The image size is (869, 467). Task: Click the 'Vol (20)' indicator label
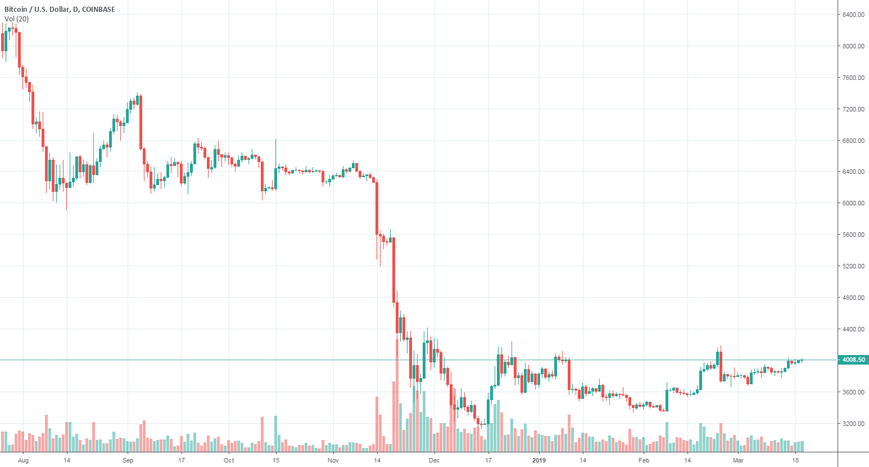16,19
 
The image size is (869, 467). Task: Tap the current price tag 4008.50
853,360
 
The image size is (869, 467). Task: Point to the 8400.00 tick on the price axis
853,15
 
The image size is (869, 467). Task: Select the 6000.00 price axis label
853,203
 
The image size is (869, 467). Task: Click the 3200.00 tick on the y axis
853,424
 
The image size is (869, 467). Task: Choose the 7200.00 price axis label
853,109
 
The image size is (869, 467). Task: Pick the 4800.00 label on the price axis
853,298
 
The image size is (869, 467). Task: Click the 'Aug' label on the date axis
23,460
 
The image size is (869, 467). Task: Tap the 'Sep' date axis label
128,460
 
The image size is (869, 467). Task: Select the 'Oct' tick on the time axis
229,460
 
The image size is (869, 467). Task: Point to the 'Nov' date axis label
333,460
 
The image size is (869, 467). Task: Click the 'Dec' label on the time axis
434,460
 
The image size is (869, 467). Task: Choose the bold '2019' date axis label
539,460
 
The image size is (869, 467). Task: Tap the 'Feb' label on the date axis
644,460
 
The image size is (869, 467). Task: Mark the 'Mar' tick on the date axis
738,460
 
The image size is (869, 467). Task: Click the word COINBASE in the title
98,10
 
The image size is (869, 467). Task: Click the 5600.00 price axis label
853,235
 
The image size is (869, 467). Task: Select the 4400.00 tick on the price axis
853,329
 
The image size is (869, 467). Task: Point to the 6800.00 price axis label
853,141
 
